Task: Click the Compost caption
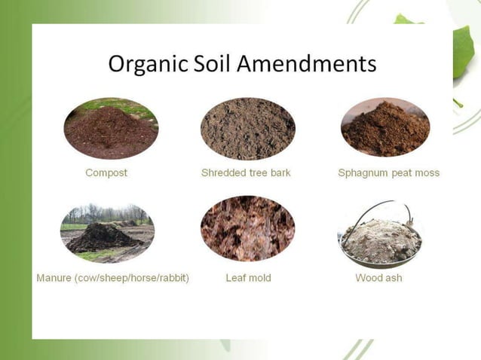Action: [106, 172]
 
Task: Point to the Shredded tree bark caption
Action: [246, 172]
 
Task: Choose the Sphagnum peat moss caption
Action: [388, 172]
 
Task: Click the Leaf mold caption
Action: [248, 278]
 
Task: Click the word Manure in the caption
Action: [54, 278]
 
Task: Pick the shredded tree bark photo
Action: [247, 129]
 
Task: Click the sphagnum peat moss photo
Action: [384, 129]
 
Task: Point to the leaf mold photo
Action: [247, 229]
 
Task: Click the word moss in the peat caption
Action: [426, 172]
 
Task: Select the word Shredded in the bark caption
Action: [223, 172]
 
